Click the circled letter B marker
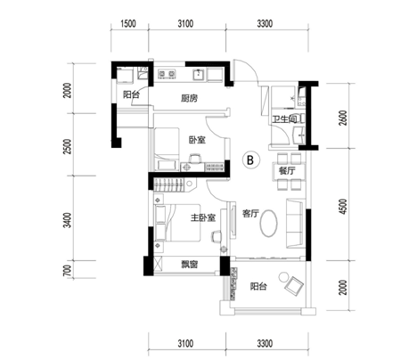[251, 160]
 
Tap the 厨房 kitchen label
[189, 98]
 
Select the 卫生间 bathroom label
[285, 119]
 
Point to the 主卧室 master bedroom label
[203, 218]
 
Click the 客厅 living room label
[250, 213]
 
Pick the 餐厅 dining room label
[287, 171]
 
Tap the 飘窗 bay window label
[190, 265]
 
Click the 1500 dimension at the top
[128, 24]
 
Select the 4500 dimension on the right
[343, 207]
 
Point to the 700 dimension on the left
[68, 271]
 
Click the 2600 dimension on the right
[343, 118]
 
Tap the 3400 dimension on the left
[68, 220]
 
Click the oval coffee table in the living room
[269, 224]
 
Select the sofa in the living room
[295, 224]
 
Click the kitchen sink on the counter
[198, 74]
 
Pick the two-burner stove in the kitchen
[167, 74]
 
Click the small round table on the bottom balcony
[283, 277]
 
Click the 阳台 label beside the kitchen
[131, 95]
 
